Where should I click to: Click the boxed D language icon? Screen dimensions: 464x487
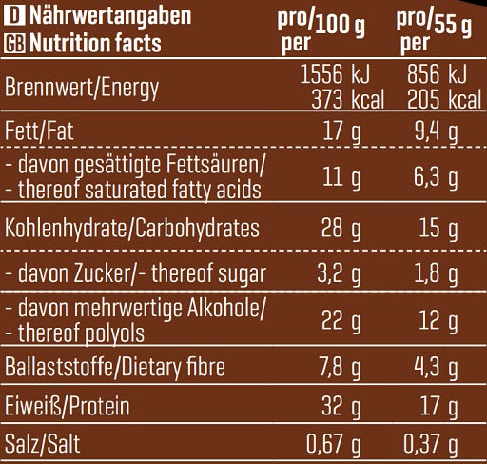[x=12, y=17]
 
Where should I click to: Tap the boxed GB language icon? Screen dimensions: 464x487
[x=14, y=43]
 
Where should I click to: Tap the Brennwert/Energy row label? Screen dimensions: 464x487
[x=82, y=89]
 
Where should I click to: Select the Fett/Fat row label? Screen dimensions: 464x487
[x=38, y=130]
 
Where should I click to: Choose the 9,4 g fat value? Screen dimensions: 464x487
[x=439, y=130]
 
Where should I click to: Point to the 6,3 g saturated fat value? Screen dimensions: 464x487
[x=439, y=177]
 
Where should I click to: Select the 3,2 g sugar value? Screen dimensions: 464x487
[x=337, y=276]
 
